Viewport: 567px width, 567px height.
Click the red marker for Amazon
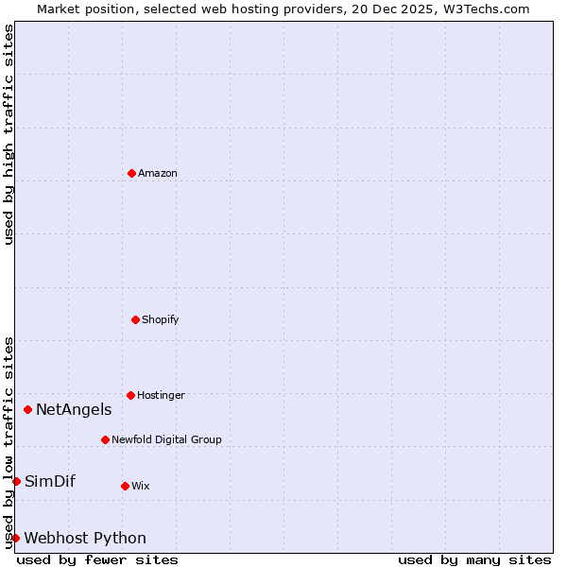point(131,173)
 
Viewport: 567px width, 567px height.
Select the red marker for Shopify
point(135,319)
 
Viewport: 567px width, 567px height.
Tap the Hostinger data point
point(130,395)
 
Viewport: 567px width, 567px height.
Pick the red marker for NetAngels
point(27,409)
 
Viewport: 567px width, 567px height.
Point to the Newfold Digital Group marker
point(105,439)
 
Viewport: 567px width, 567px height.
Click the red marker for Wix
point(125,486)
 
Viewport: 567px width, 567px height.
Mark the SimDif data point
point(16,481)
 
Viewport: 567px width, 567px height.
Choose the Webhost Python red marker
point(15,538)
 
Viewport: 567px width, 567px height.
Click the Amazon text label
point(158,173)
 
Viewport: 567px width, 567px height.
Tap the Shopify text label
point(161,319)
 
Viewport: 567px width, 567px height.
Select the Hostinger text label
point(161,395)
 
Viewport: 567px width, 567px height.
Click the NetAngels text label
point(74,409)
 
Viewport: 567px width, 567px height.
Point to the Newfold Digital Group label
point(166,439)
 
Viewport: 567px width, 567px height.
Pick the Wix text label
point(141,486)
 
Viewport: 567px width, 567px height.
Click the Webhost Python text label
point(85,538)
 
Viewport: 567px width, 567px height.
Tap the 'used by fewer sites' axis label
point(97,559)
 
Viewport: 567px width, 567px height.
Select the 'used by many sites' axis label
point(474,559)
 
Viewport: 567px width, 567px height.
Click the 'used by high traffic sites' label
point(9,134)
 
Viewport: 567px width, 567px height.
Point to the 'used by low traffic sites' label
point(9,442)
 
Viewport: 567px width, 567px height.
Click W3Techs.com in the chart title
point(483,9)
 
